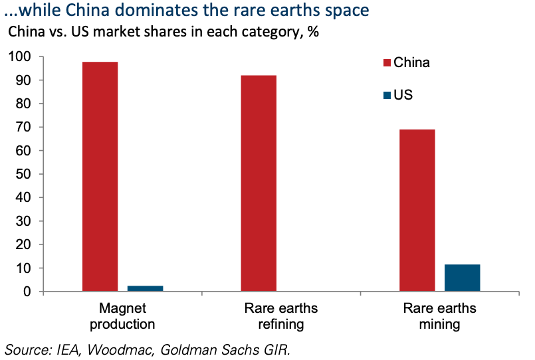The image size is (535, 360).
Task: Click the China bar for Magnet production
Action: tap(100, 177)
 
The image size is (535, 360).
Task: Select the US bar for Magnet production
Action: tap(145, 288)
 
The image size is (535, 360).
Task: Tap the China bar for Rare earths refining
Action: tap(259, 183)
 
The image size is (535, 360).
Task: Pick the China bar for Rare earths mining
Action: tap(417, 210)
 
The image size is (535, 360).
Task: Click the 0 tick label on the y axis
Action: tap(27, 292)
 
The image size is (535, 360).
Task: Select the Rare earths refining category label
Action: tap(281, 316)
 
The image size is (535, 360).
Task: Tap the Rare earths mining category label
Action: tap(439, 316)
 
